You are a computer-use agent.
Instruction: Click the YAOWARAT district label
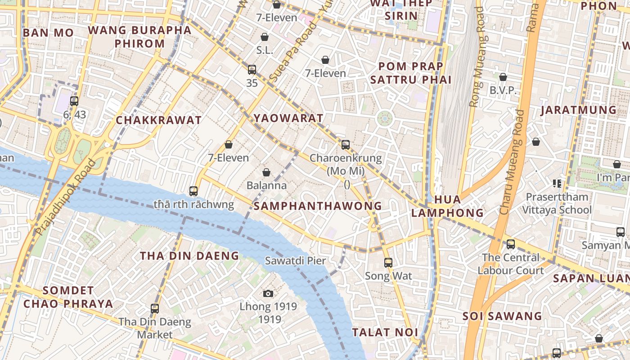point(288,118)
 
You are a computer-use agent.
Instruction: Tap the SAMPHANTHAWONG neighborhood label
point(318,206)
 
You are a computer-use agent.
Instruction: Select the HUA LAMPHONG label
point(447,206)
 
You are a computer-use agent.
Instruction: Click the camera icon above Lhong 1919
point(268,294)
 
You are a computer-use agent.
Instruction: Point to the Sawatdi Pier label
point(295,261)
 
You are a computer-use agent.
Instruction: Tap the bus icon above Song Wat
point(388,262)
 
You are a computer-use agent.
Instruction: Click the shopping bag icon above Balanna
point(266,172)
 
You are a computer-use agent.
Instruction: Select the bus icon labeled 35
point(252,70)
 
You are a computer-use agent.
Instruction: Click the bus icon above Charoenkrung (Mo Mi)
point(346,145)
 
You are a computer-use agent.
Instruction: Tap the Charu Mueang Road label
point(513,162)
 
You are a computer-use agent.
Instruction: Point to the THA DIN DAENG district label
point(189,256)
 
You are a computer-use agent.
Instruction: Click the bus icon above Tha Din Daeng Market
point(155,309)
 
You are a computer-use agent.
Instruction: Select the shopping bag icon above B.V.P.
point(503,77)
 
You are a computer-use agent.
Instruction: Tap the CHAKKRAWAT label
point(158,120)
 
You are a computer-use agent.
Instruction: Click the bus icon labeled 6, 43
point(74,101)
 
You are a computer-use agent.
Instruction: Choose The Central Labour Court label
point(511,264)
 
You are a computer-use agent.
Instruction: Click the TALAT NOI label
point(385,333)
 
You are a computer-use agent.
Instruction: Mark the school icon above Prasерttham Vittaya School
point(557,183)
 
